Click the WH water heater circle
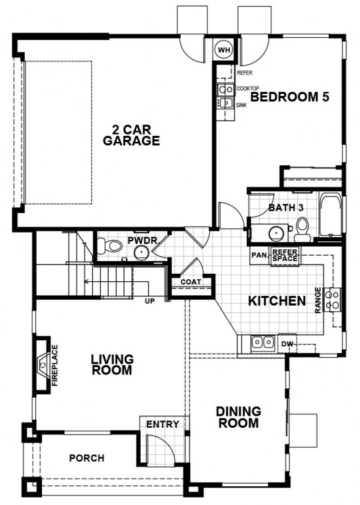(x=224, y=50)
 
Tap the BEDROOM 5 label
(x=290, y=97)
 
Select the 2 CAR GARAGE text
(x=131, y=135)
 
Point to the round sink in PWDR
(x=141, y=253)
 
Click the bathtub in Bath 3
(x=330, y=214)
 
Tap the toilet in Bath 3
(x=302, y=229)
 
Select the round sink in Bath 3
(x=275, y=233)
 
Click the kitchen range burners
(x=333, y=299)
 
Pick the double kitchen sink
(x=263, y=342)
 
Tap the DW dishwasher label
(x=287, y=344)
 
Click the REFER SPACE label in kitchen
(x=285, y=255)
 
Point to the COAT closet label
(x=191, y=282)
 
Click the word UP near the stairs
(x=150, y=301)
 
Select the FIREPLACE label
(x=55, y=365)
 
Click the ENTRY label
(x=163, y=424)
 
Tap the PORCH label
(x=87, y=458)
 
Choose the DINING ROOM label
(x=239, y=417)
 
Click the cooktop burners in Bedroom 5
(x=225, y=89)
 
